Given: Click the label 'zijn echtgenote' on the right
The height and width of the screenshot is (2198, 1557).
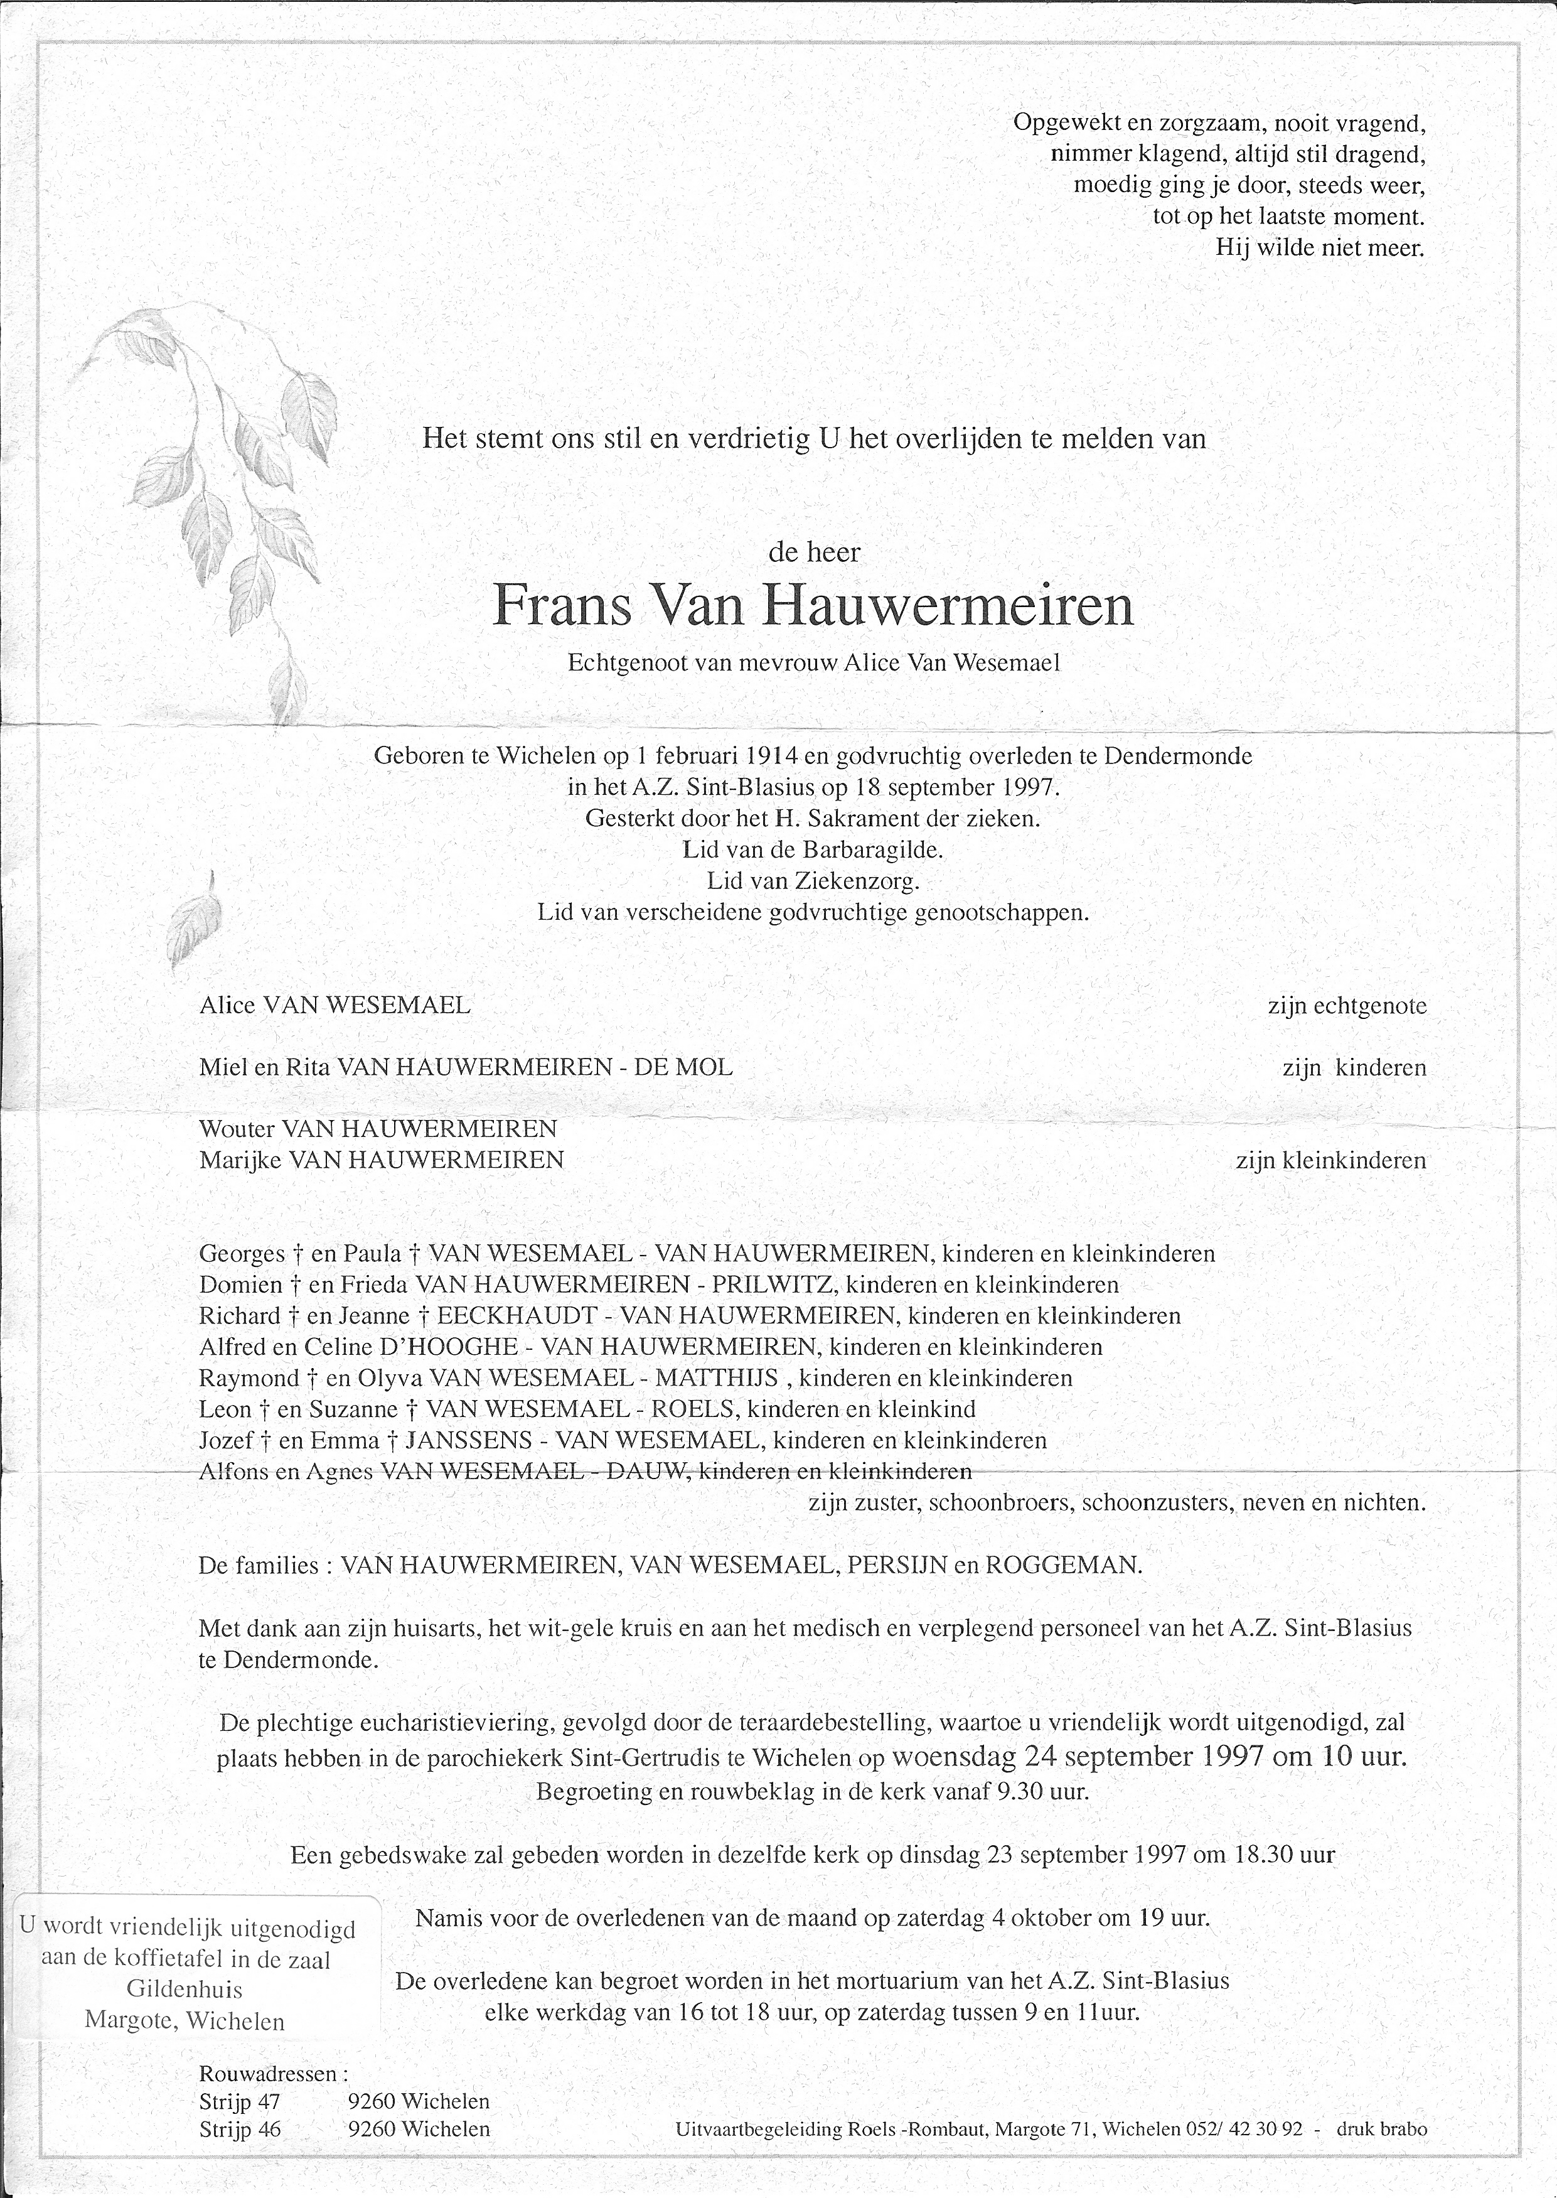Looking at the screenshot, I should [x=1346, y=1006].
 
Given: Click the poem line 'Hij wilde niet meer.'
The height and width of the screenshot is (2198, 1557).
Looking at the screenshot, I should [x=1320, y=247].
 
